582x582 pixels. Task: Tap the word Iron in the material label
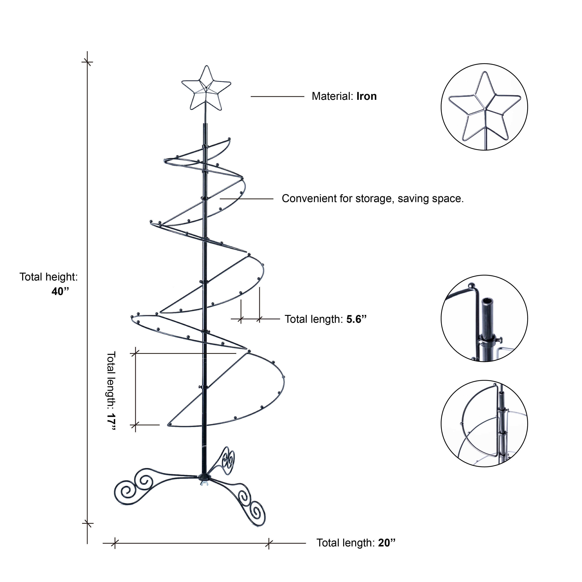366,96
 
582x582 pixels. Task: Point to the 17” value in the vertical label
111,422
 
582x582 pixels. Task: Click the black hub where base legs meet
204,477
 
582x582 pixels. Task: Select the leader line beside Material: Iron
277,96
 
